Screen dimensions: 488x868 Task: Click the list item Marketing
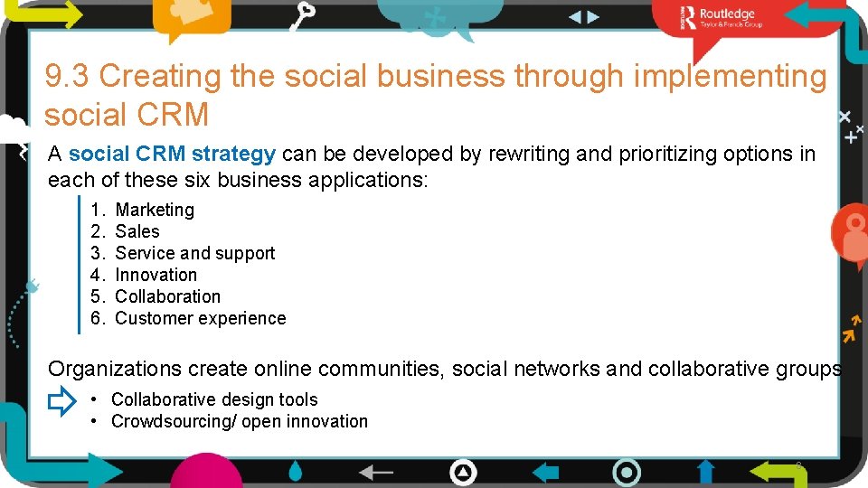click(x=155, y=210)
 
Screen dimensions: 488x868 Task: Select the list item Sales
click(x=137, y=231)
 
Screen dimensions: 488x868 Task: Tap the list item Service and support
click(x=195, y=253)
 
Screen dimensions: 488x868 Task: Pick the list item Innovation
click(x=156, y=275)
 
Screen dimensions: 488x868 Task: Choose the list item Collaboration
click(x=168, y=296)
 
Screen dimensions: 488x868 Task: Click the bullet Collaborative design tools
click(x=214, y=399)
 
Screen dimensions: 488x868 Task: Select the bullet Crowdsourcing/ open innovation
click(x=240, y=421)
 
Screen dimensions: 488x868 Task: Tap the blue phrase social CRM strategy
click(x=172, y=154)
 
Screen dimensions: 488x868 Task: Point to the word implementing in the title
click(x=731, y=77)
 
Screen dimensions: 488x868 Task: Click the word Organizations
click(x=116, y=369)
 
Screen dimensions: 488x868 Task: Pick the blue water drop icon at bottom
click(x=296, y=472)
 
